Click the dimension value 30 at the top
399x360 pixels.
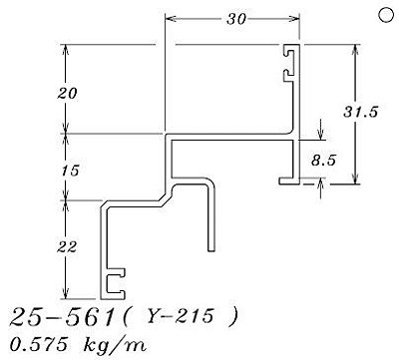click(236, 19)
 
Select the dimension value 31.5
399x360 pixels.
click(361, 112)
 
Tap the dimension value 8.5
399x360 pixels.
click(323, 161)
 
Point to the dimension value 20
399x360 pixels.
click(67, 94)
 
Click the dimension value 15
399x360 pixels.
click(70, 171)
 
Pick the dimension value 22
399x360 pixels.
click(67, 247)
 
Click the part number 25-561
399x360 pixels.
click(62, 317)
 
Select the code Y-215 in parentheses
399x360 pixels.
click(180, 315)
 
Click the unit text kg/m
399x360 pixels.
click(114, 346)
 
